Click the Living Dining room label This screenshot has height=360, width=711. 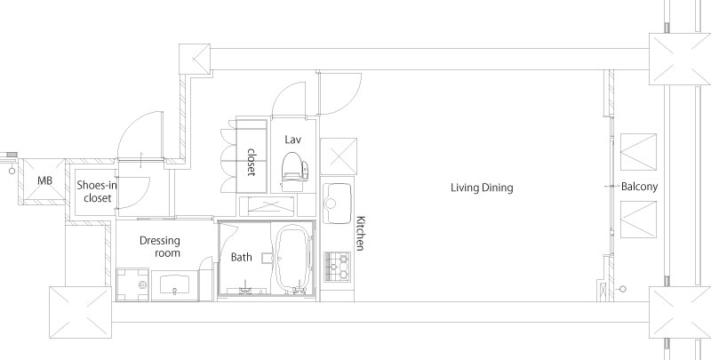point(482,188)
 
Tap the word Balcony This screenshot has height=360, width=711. point(639,187)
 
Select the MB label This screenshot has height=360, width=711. point(44,181)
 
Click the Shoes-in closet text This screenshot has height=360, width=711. point(97,191)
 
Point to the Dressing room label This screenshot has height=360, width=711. point(160,246)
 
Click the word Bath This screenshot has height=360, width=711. point(241,257)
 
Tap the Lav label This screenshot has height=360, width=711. point(293,140)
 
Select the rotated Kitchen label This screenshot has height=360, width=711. point(360,233)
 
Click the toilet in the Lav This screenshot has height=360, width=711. point(294,172)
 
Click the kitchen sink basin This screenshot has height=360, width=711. point(338,204)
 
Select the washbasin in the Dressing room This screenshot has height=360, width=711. point(174,284)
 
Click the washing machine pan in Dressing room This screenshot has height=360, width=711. point(132,284)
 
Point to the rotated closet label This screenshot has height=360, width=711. point(252,162)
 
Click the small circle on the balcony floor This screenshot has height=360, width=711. point(623,289)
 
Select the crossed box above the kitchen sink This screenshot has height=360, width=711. point(339,156)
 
